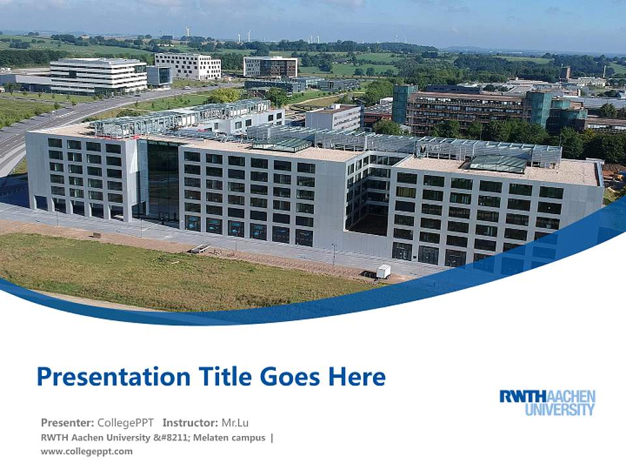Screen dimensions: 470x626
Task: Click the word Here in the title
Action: pyautogui.click(x=357, y=377)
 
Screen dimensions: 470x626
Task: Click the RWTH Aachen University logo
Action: pyautogui.click(x=547, y=403)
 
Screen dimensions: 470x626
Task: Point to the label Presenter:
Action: pyautogui.click(x=67, y=422)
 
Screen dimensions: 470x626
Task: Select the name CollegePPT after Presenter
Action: pyautogui.click(x=125, y=422)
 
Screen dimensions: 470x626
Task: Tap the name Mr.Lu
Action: pyautogui.click(x=235, y=422)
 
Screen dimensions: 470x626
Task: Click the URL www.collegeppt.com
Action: pyautogui.click(x=86, y=451)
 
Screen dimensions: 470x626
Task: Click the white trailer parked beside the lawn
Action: pyautogui.click(x=383, y=272)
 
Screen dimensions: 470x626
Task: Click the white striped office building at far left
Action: pyautogui.click(x=98, y=76)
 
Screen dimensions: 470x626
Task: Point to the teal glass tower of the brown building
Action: pyautogui.click(x=404, y=104)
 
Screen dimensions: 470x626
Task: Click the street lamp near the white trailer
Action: pyautogui.click(x=334, y=253)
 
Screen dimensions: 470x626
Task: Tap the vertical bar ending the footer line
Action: pyautogui.click(x=271, y=437)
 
